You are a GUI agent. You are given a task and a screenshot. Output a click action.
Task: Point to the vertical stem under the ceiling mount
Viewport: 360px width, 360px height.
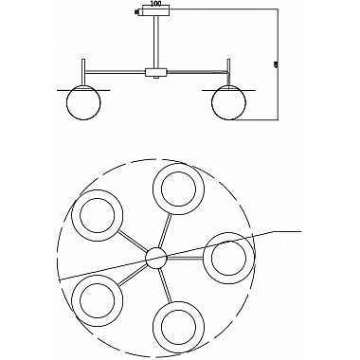pos(155,43)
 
